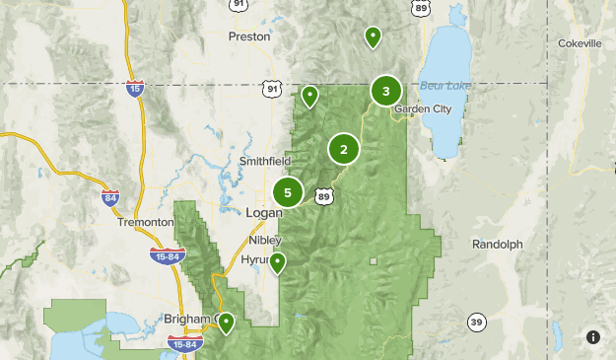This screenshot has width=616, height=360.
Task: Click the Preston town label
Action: pos(247,36)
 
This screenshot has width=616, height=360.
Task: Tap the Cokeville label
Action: pos(579,44)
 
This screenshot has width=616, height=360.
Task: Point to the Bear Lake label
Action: pos(445,86)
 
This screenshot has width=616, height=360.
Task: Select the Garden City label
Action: pos(422,109)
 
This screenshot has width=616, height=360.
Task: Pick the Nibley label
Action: pos(265,240)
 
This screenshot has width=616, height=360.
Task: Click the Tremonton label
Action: pos(145,223)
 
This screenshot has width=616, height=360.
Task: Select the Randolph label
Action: pos(497,244)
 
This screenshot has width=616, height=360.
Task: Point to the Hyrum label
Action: pos(257,260)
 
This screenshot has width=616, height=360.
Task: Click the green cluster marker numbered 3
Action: pos(385,92)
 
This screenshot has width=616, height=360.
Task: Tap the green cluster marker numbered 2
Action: pos(343,150)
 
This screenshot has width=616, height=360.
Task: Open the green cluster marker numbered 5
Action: pos(288,192)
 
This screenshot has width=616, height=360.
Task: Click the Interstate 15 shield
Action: pos(135,90)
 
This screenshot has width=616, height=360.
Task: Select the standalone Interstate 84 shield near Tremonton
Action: pos(110,197)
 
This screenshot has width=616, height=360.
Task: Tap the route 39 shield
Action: pos(476,323)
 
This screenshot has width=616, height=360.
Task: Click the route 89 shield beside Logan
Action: pos(324,197)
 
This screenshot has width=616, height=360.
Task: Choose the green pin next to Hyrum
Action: pos(278,263)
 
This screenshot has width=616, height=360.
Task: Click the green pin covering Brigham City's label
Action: pos(226,323)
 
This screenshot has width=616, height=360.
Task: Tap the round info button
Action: pos(593,337)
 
